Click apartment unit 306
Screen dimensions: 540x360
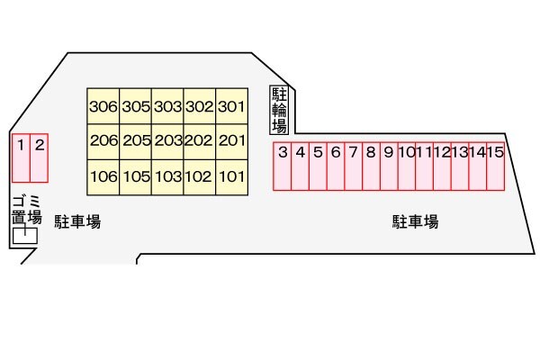[x=103, y=106]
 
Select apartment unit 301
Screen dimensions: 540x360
[x=231, y=106]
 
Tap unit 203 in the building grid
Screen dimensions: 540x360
[x=167, y=141]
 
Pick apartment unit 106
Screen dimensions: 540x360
[x=103, y=176]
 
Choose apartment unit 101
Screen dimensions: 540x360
[x=231, y=176]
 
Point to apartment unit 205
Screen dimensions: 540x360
[x=135, y=141]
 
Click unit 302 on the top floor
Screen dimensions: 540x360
[x=199, y=106]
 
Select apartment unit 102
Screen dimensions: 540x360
[x=199, y=176]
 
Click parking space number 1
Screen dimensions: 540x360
[x=20, y=157]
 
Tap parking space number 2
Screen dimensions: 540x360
[x=39, y=157]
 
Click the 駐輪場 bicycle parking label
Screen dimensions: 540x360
[x=279, y=110]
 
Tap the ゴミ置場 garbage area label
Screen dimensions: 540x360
[x=25, y=209]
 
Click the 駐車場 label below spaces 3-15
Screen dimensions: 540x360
[x=415, y=222]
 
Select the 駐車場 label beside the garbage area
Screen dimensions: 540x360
[x=76, y=222]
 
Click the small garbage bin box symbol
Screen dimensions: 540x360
[x=25, y=236]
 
